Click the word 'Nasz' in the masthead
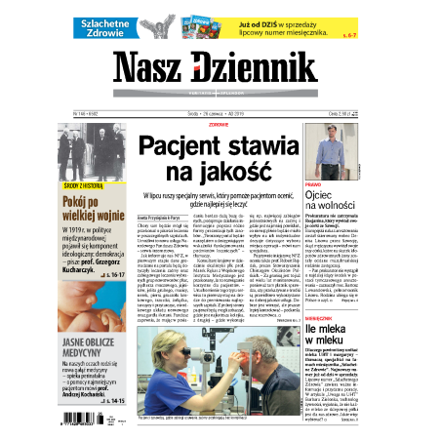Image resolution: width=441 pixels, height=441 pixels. (154, 67)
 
